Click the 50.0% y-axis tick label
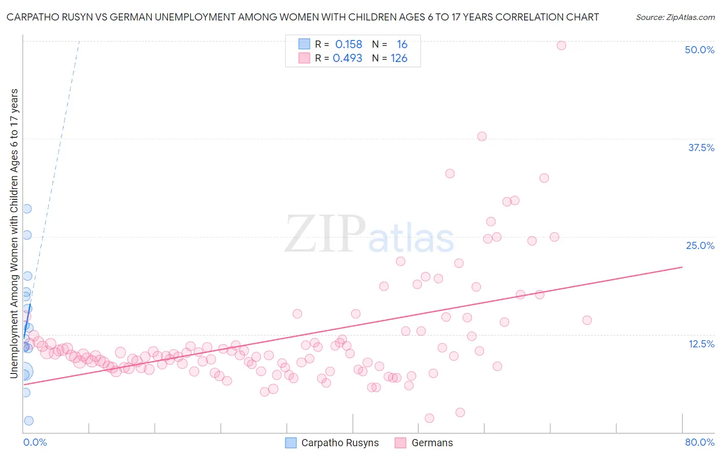699,50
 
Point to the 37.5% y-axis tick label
701,148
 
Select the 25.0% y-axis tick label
700,245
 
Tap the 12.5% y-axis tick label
701,344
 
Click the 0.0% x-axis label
35,442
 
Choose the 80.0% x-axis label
699,442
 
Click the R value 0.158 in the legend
349,45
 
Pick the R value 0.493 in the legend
348,58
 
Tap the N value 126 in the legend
399,58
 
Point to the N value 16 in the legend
402,45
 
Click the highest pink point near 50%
561,46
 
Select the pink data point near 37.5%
482,136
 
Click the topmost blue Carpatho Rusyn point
27,209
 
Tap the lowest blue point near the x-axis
29,421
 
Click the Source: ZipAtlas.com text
675,17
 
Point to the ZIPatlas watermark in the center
369,235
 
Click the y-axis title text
14,233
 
